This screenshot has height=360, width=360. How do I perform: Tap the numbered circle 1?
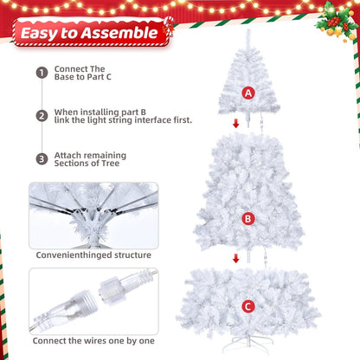coord(41,73)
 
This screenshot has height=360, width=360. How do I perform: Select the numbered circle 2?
coord(41,115)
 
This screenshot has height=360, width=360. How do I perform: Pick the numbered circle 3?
coord(41,158)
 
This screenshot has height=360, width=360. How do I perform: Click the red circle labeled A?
coord(249,93)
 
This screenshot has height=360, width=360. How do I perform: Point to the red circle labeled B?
coord(248,219)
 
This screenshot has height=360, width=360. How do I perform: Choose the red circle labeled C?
coord(248,305)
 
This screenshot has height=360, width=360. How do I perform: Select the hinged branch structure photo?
coord(93,213)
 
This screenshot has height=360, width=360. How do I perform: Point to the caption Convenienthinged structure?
coord(93,255)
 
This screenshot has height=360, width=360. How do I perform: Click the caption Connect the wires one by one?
coord(93,342)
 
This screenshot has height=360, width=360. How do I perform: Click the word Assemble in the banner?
coord(126,34)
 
